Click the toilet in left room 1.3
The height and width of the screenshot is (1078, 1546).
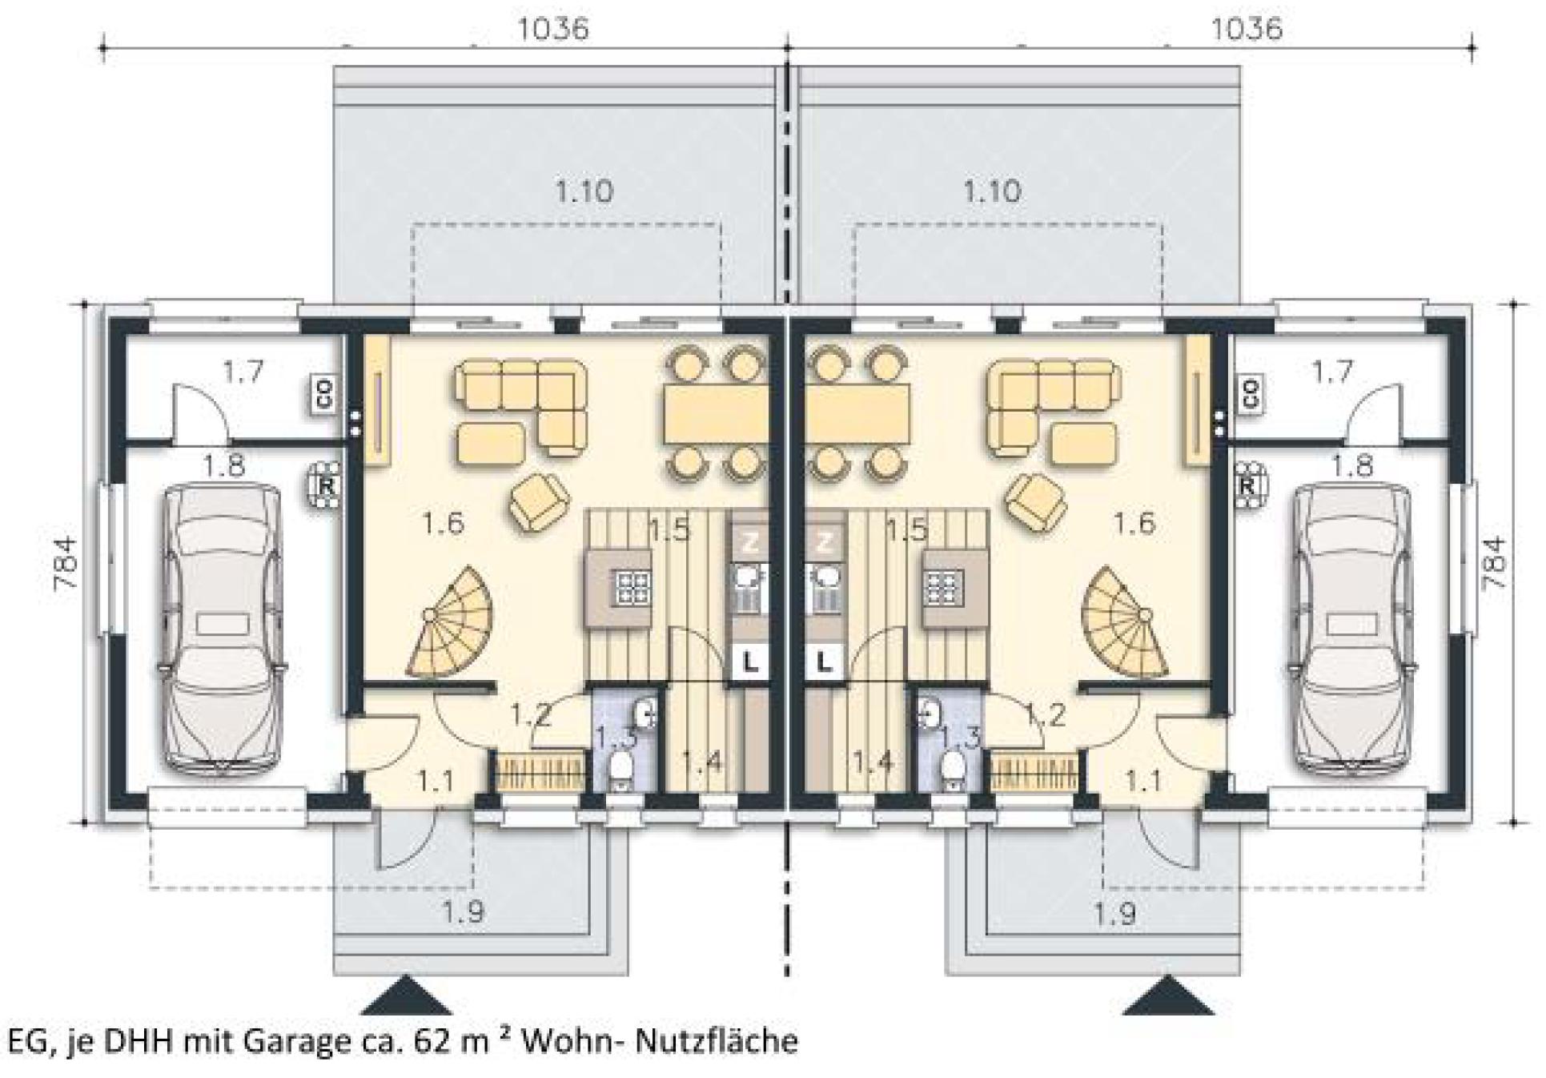[x=620, y=770]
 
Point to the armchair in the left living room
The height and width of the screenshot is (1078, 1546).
[x=537, y=501]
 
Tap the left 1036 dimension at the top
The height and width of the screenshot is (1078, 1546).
[x=553, y=30]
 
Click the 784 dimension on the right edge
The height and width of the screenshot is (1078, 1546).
[x=1494, y=563]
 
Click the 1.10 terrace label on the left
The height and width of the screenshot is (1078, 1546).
[x=584, y=191]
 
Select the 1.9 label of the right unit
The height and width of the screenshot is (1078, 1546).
[x=1116, y=912]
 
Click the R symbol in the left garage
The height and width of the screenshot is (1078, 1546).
[x=327, y=485]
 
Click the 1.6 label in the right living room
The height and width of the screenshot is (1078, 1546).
[x=1134, y=523]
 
